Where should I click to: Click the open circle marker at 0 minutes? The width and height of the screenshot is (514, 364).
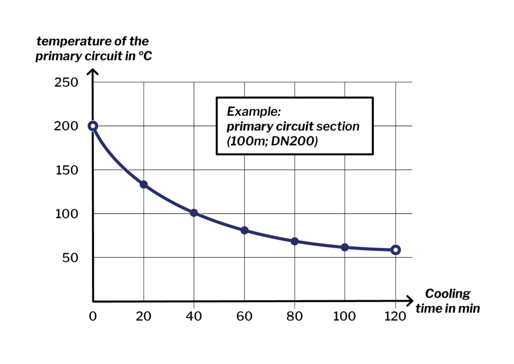click(93, 126)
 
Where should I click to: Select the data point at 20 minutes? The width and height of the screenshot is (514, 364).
click(144, 184)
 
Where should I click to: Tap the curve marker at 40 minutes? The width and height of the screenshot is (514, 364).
click(194, 213)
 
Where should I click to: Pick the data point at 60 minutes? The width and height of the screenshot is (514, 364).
click(245, 230)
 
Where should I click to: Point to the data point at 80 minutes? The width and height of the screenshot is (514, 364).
click(294, 241)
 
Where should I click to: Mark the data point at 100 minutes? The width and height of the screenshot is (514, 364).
click(345, 247)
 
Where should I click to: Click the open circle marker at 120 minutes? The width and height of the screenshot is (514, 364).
click(395, 250)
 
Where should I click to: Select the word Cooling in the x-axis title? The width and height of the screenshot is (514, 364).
click(448, 294)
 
